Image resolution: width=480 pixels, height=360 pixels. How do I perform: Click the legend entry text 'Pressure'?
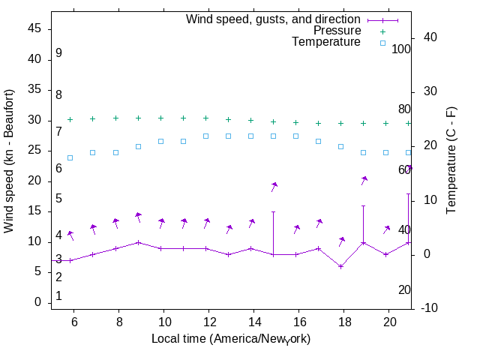point(337,31)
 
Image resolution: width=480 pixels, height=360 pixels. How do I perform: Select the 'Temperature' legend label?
point(326,42)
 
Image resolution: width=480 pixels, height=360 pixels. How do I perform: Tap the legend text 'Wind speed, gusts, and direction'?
point(273,19)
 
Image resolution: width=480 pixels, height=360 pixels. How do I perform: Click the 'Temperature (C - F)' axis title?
point(452,159)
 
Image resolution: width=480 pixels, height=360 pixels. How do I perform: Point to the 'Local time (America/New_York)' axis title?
point(231,339)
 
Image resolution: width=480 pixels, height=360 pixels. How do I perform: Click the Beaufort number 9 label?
point(58,54)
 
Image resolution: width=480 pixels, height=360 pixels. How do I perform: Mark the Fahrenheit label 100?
point(401,49)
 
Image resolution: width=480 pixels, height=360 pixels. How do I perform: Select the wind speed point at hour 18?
point(341,266)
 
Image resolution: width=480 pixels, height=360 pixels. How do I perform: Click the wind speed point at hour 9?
point(138,242)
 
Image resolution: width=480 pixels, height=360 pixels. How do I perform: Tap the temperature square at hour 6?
point(70,157)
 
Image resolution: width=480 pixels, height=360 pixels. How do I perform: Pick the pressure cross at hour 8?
point(115,118)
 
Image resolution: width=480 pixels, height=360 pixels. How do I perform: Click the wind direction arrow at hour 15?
point(274,187)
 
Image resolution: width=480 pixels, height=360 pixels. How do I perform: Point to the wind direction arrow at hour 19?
point(364,181)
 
